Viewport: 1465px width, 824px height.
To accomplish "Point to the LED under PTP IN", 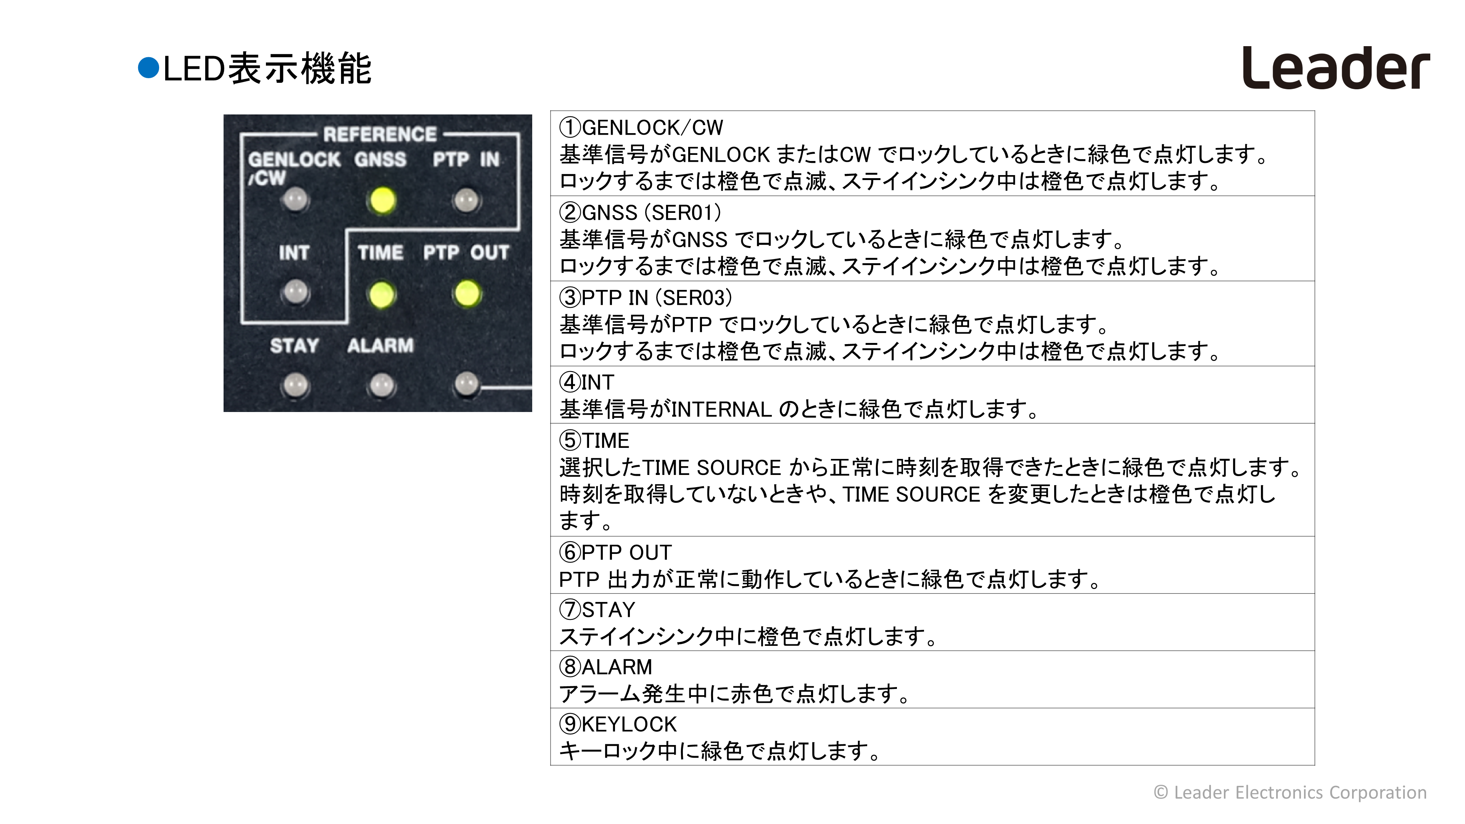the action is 466,200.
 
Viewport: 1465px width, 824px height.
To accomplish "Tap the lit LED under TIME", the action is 381,295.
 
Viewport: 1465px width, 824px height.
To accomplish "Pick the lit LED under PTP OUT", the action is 467,293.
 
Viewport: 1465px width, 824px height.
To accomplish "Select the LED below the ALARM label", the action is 381,386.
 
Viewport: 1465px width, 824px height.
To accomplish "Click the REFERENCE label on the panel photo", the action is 380,135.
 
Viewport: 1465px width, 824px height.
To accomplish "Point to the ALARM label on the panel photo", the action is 380,345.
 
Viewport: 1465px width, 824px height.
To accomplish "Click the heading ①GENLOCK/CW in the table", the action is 641,127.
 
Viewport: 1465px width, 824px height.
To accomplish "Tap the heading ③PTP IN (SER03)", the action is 646,298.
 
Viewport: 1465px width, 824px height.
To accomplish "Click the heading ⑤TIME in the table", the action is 594,440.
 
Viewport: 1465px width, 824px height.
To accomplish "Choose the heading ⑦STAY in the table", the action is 597,610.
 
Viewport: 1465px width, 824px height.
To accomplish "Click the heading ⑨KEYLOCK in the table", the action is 618,724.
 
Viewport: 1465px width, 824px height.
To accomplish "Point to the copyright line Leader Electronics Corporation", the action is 1290,792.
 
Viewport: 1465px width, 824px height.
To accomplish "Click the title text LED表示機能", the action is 267,68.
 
